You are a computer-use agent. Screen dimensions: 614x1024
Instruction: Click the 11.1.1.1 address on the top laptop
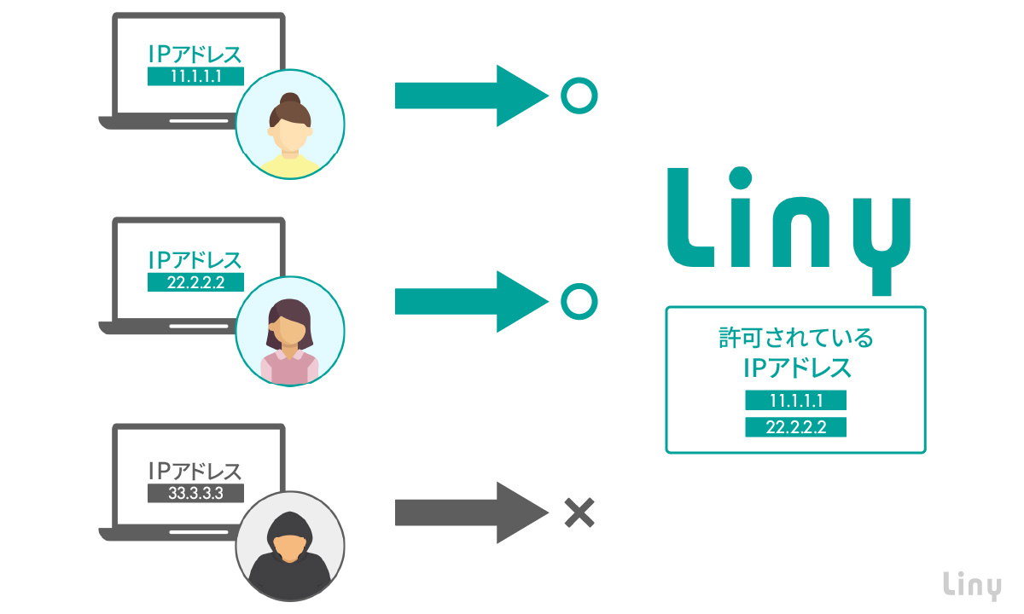click(x=195, y=77)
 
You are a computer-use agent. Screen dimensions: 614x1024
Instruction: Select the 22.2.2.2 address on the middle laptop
click(x=195, y=282)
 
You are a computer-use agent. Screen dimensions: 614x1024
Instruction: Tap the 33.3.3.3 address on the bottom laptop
click(x=195, y=493)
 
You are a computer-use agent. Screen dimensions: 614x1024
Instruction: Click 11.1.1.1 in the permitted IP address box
click(x=795, y=401)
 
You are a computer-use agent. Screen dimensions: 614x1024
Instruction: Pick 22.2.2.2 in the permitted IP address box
click(x=795, y=427)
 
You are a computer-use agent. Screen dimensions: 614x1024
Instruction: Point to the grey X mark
click(x=579, y=513)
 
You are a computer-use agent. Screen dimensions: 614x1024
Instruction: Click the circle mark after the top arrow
click(x=579, y=96)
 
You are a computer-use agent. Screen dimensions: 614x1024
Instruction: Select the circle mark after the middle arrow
click(x=579, y=301)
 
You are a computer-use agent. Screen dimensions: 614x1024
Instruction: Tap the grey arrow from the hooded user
click(x=469, y=513)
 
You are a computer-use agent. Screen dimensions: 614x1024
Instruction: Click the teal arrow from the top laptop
click(x=469, y=96)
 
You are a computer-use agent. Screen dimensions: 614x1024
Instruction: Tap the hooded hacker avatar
click(x=290, y=544)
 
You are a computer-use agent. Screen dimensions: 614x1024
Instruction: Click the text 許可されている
click(x=795, y=339)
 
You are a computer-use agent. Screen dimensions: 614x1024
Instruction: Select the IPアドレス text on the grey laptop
click(x=195, y=471)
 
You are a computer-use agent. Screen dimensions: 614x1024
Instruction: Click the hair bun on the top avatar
click(x=290, y=99)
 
